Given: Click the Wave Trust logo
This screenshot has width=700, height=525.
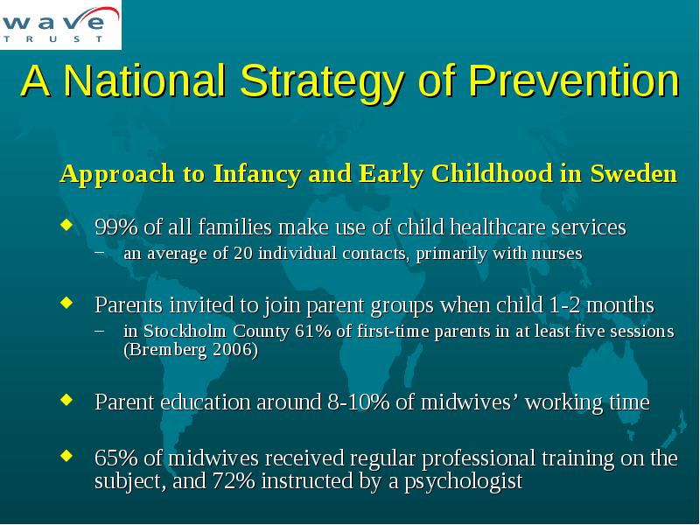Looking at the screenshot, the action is pyautogui.click(x=60, y=24).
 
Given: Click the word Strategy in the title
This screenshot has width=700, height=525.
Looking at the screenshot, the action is pyautogui.click(x=322, y=81).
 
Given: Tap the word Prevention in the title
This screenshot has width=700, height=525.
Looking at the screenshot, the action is pyautogui.click(x=574, y=80).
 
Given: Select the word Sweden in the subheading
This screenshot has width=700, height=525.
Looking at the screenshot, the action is pyautogui.click(x=633, y=173).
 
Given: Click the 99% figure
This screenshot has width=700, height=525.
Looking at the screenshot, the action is pyautogui.click(x=116, y=227).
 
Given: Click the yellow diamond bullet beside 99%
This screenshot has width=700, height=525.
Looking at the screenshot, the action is pyautogui.click(x=66, y=225).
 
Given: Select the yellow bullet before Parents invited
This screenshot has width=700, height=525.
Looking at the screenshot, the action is pyautogui.click(x=66, y=303).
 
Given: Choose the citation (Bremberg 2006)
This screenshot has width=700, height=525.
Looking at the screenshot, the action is pyautogui.click(x=191, y=349).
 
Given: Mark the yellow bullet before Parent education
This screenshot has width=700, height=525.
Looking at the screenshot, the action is pyautogui.click(x=66, y=399).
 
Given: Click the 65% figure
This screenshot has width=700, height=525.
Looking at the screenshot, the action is pyautogui.click(x=116, y=458).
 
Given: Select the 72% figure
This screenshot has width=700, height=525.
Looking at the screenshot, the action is pyautogui.click(x=234, y=481).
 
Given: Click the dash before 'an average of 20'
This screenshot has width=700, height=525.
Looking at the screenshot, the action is pyautogui.click(x=100, y=252).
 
